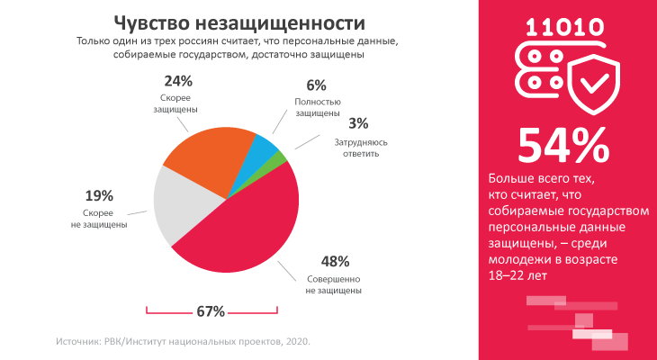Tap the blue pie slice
coord(263,148)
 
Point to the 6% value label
coord(315,85)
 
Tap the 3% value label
coord(358,123)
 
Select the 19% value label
coord(99,195)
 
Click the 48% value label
coord(334,262)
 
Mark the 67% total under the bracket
coord(210,311)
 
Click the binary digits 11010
coord(565,28)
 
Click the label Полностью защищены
coord(318,108)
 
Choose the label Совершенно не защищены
coord(333,284)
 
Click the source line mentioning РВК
coord(183,341)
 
